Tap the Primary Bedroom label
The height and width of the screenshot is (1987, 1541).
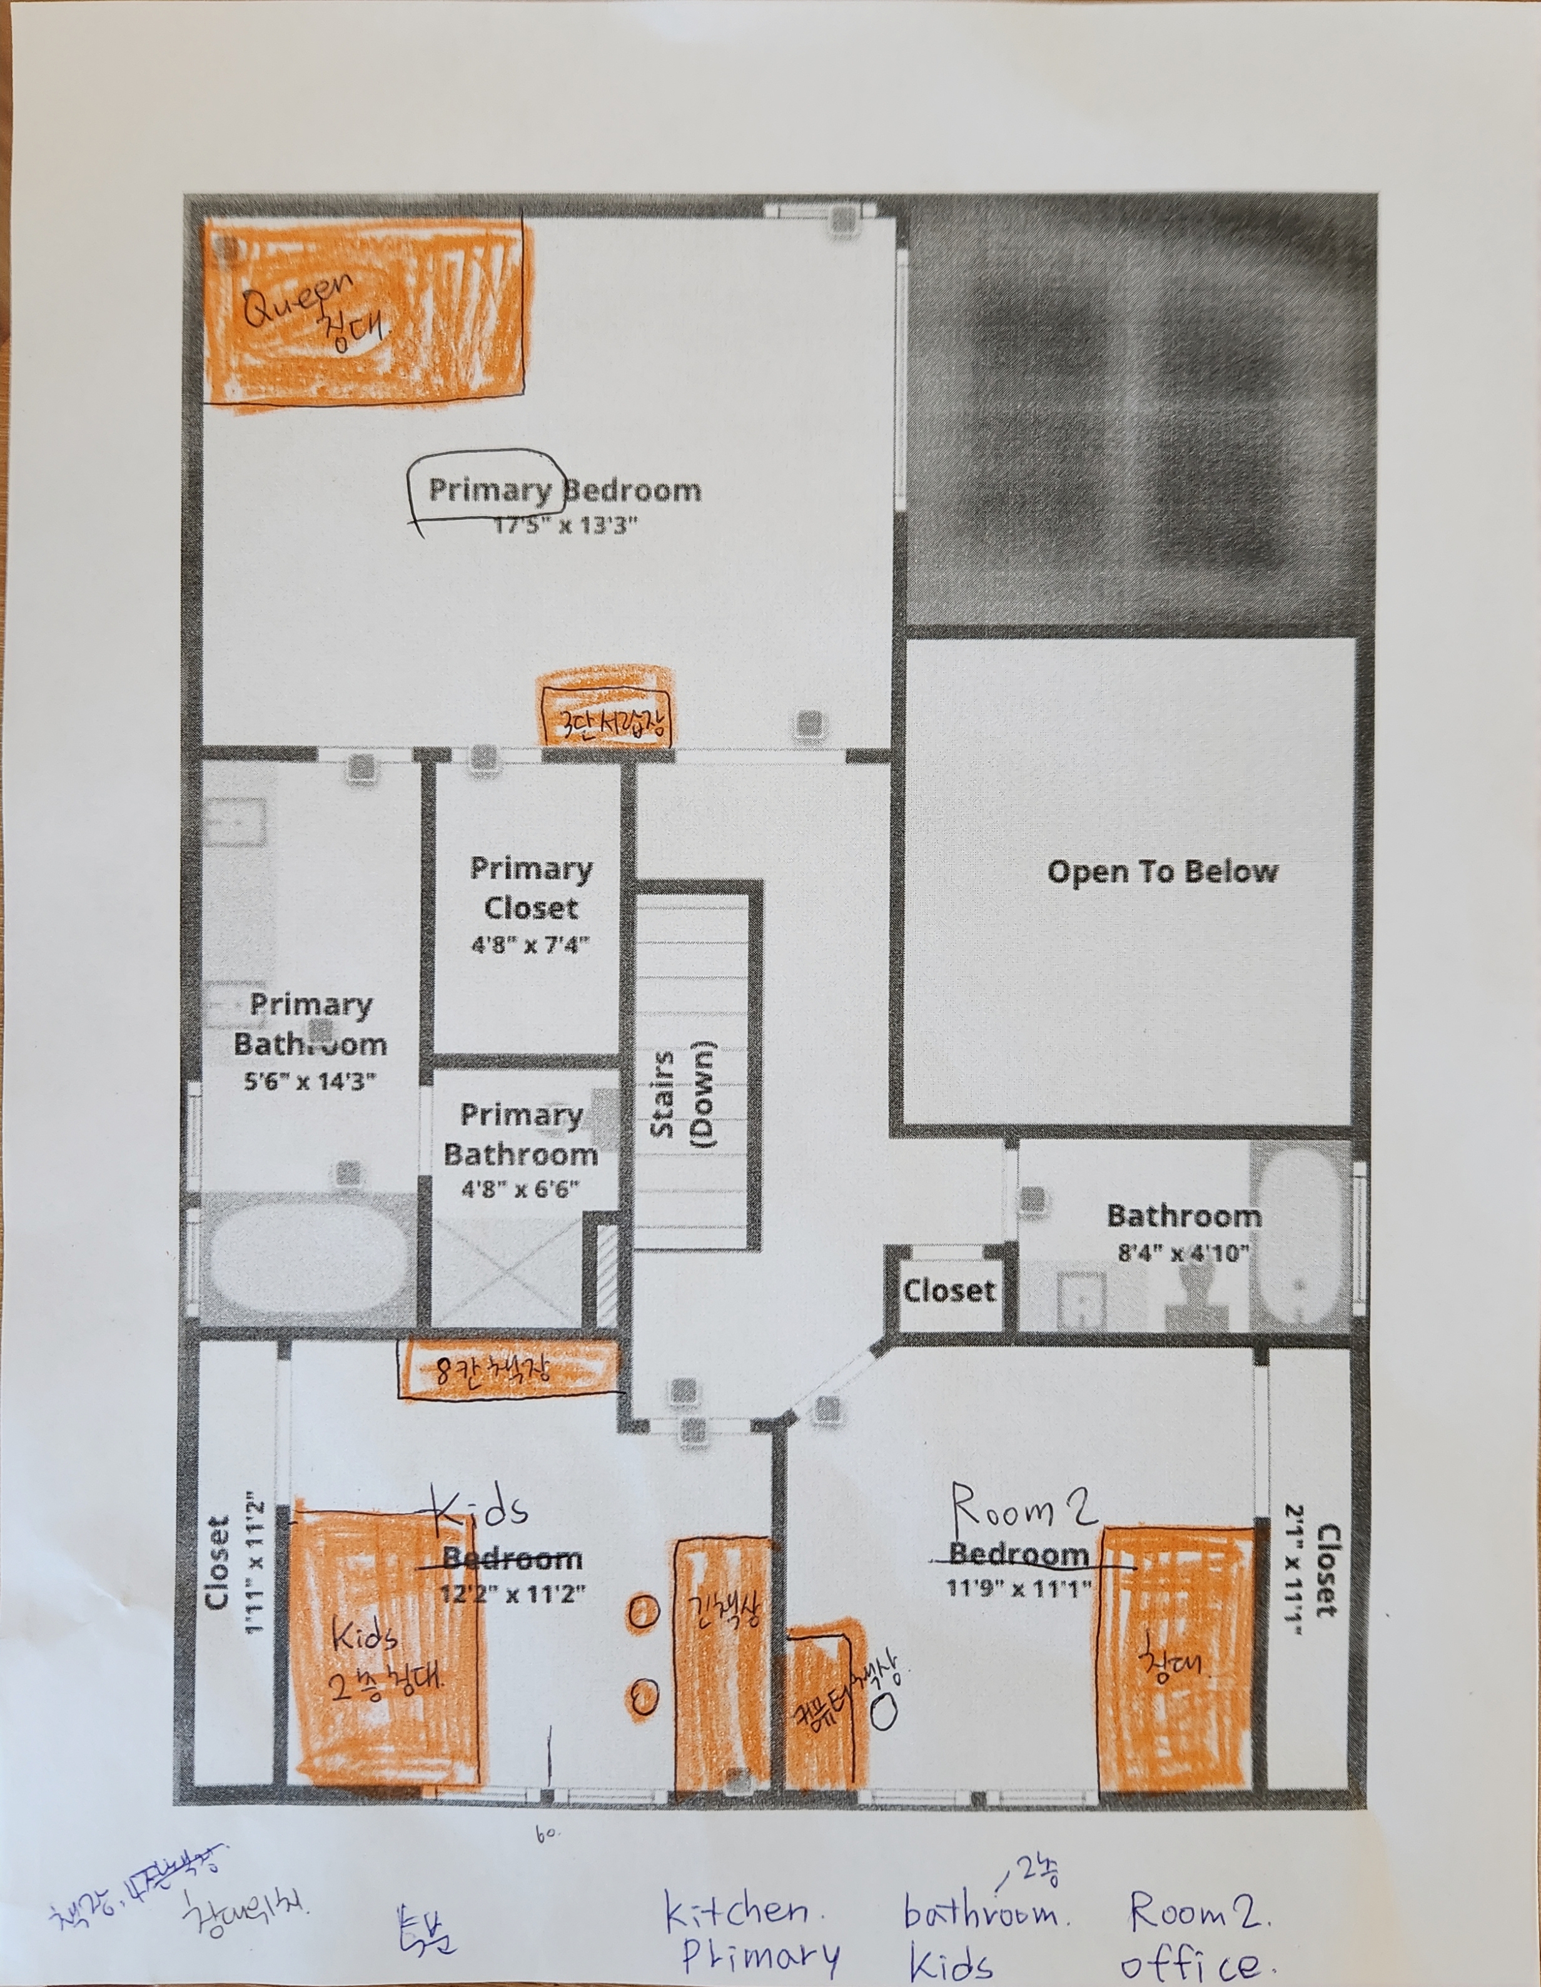(x=564, y=490)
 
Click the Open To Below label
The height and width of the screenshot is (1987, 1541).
(x=1161, y=872)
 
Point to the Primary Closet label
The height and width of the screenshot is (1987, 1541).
(x=530, y=888)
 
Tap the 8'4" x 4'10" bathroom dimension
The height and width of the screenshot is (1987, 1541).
(x=1183, y=1252)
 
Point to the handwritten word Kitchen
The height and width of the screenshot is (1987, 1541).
(x=737, y=1909)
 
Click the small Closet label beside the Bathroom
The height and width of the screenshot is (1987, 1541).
(x=949, y=1290)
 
